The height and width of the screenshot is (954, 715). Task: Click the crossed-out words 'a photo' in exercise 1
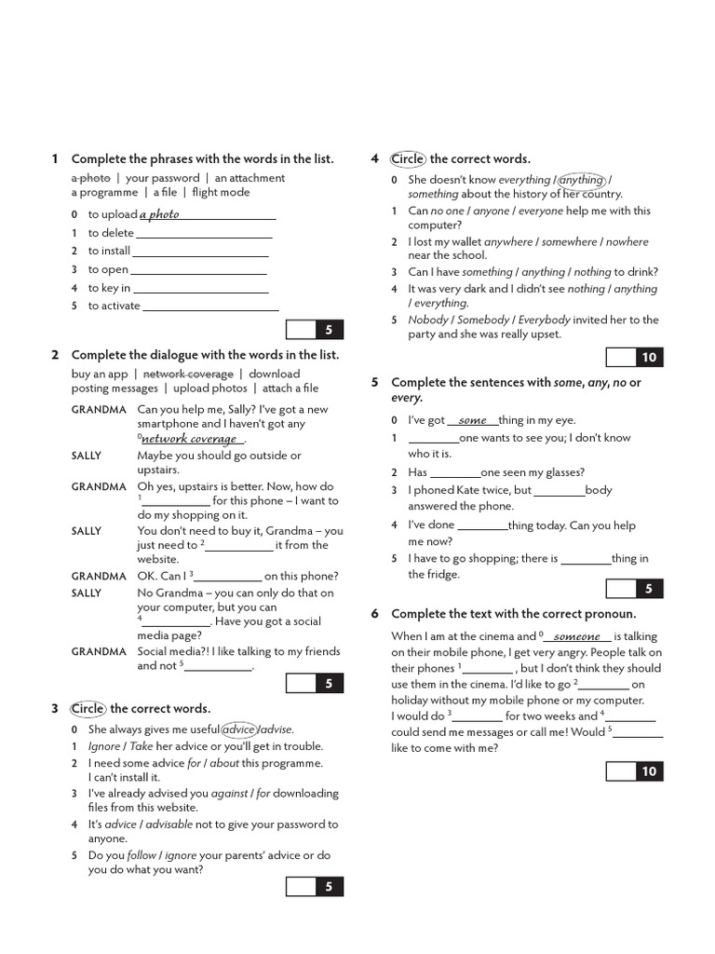click(90, 178)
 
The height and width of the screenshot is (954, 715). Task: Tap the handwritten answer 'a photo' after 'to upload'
click(159, 214)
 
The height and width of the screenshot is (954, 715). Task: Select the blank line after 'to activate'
click(211, 306)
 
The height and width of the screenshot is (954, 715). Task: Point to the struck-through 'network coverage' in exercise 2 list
click(188, 374)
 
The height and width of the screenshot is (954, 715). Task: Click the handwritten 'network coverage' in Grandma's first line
click(189, 439)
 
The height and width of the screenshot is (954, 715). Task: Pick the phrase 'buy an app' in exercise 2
click(100, 374)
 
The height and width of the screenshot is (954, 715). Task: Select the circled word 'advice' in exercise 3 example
click(239, 729)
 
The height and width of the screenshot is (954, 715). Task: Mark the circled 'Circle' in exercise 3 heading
click(88, 709)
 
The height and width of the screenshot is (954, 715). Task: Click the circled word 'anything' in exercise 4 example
click(581, 180)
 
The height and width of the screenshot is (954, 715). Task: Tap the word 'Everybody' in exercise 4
click(545, 320)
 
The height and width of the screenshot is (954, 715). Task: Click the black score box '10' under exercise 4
click(649, 358)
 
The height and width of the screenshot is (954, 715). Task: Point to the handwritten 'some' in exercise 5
click(473, 421)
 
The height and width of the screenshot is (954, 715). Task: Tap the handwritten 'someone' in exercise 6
click(577, 637)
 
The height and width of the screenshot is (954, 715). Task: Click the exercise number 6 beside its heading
click(374, 614)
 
